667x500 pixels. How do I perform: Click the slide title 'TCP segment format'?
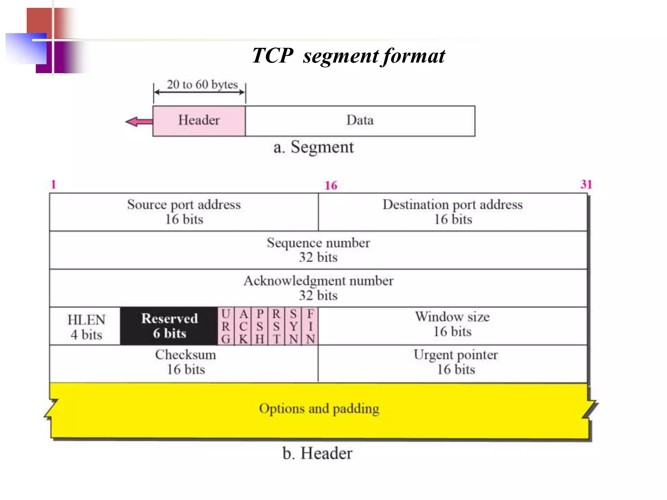[x=348, y=56]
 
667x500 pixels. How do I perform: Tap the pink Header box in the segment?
[x=199, y=121]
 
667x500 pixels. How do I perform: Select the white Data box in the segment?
[x=360, y=121]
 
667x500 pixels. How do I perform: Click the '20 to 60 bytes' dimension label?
[x=202, y=85]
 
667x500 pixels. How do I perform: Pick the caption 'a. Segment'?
[x=313, y=147]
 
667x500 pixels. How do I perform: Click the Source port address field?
[x=184, y=212]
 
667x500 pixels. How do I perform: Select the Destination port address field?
[x=453, y=212]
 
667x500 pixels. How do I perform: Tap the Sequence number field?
[x=318, y=250]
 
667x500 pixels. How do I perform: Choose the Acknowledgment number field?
[x=318, y=288]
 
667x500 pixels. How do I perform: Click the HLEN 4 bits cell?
[x=86, y=326]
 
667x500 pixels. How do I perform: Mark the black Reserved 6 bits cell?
[x=169, y=326]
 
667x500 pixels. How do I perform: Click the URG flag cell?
[x=226, y=326]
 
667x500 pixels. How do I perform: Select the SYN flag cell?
[x=293, y=326]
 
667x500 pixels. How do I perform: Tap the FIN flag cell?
[x=310, y=326]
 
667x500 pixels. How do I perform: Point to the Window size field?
[x=452, y=324]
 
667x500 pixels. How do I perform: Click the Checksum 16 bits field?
[x=186, y=362]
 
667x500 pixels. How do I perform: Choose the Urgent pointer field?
[x=456, y=362]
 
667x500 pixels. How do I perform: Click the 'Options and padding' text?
[x=319, y=409]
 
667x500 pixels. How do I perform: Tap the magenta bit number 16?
[x=331, y=186]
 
